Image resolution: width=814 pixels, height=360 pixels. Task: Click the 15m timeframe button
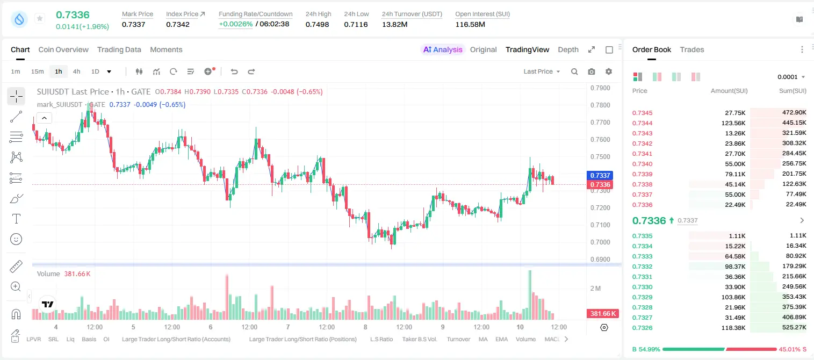(38, 71)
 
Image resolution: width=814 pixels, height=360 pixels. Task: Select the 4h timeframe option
(76, 71)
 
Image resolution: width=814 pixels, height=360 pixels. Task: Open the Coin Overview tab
(63, 49)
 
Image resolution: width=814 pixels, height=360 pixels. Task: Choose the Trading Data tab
(119, 49)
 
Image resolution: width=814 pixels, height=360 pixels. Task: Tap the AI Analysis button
(443, 49)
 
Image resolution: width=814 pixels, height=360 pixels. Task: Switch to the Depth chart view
(568, 49)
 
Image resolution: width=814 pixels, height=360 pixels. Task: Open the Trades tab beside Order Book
(692, 49)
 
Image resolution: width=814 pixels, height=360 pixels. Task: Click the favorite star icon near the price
(40, 18)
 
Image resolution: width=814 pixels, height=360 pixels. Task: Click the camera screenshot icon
(592, 71)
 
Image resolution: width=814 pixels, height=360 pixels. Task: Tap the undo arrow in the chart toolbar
(234, 71)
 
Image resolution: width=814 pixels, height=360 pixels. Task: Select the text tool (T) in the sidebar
(16, 219)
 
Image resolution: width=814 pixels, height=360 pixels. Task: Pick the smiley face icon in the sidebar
(16, 239)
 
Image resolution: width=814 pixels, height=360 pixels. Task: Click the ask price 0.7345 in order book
(642, 113)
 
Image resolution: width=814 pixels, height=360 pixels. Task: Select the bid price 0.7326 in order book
(642, 328)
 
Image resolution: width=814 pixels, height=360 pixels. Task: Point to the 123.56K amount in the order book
(733, 123)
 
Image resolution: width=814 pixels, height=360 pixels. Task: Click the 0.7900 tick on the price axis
(600, 88)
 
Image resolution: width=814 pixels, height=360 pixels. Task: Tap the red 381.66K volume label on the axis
(603, 313)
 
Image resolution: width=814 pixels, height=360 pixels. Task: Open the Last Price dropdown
(542, 71)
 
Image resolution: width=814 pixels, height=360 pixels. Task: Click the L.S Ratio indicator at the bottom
(381, 339)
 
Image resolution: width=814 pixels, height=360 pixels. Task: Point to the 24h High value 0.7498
(317, 24)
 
